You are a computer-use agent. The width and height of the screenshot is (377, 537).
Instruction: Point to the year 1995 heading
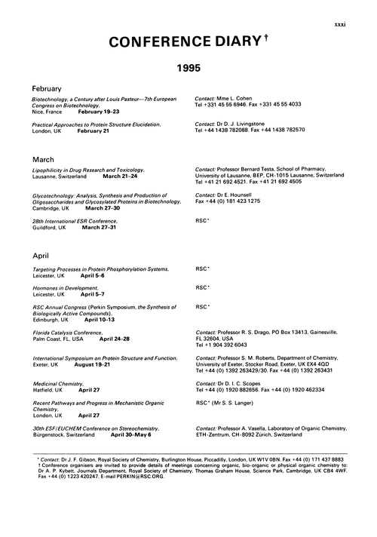click(188, 69)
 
